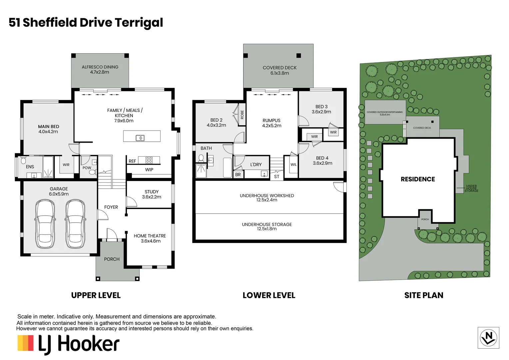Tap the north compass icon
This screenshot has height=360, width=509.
coord(488,338)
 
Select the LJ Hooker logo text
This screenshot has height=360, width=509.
coord(79,344)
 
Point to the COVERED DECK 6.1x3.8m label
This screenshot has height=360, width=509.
coord(279,70)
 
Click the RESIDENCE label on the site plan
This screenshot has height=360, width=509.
coord(418,179)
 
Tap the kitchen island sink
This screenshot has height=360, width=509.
coord(140,138)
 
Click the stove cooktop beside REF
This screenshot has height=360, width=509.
coord(149,160)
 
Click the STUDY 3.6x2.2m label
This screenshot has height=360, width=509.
coord(152,194)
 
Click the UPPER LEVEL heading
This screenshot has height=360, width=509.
coord(96,295)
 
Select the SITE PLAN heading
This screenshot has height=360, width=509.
coord(424,295)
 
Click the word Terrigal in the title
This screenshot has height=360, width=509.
coord(139,23)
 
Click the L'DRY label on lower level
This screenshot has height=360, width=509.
coord(256,164)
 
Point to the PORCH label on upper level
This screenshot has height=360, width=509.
coord(112,259)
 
